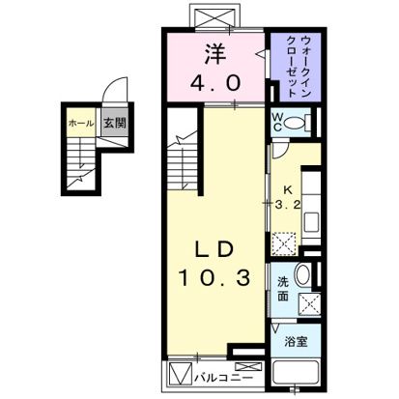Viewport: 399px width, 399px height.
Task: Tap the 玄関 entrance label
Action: [114, 123]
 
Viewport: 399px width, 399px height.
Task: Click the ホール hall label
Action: [79, 123]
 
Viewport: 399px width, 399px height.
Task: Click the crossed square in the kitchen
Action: [284, 242]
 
